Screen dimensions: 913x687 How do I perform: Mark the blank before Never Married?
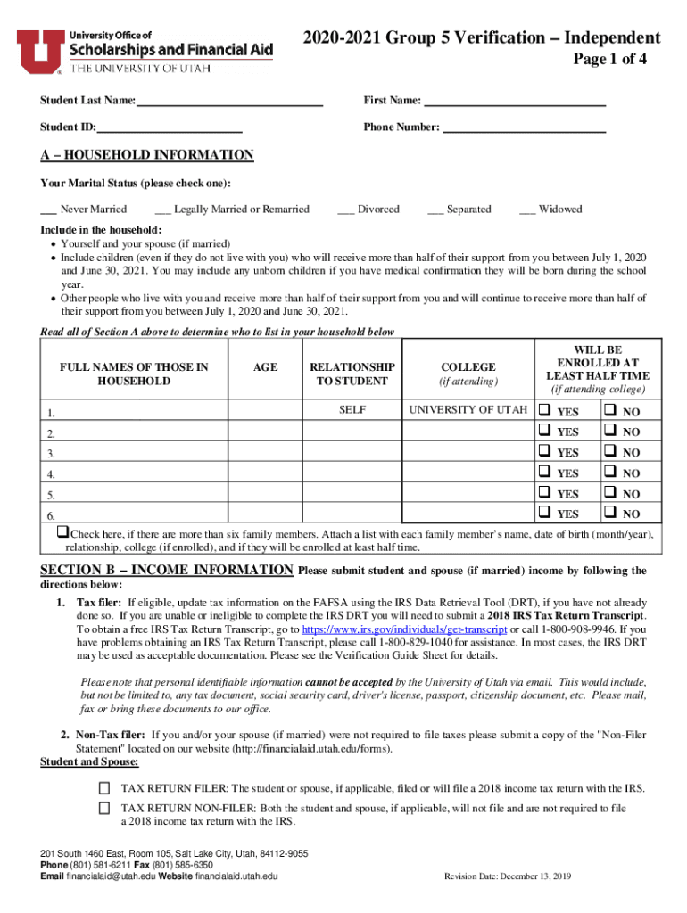49,210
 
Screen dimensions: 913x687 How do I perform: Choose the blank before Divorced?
346,210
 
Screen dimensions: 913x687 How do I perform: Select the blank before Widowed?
526,210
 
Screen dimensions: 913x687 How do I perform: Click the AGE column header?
265,367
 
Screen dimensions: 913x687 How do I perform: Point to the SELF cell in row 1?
352,410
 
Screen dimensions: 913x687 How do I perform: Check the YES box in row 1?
544,411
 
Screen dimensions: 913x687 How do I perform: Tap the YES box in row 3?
544,452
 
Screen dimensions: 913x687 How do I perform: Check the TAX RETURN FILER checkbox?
104,788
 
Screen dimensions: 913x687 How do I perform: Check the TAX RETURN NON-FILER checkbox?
104,808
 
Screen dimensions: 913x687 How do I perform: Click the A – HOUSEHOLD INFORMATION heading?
147,156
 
